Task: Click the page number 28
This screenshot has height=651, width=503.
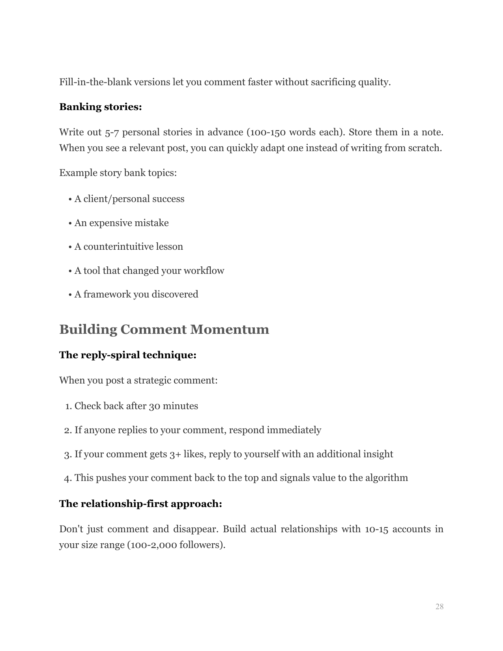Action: [439, 606]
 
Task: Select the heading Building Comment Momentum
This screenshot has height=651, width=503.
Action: [164, 329]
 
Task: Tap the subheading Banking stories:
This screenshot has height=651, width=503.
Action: [100, 107]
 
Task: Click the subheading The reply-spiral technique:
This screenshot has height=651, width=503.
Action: [128, 355]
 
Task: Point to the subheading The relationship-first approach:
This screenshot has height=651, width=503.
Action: [140, 504]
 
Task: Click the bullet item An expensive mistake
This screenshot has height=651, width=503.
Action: [122, 223]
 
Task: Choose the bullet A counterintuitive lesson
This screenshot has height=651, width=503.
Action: [129, 247]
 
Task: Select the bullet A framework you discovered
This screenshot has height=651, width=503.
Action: [136, 294]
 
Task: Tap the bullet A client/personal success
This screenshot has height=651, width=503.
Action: [129, 199]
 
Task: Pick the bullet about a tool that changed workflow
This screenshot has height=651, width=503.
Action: [149, 271]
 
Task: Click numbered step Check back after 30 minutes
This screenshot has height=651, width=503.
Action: [136, 406]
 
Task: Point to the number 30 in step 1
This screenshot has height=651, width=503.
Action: [154, 406]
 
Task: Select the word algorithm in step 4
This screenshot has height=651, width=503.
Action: [386, 478]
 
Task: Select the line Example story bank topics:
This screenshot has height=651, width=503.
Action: [118, 173]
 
